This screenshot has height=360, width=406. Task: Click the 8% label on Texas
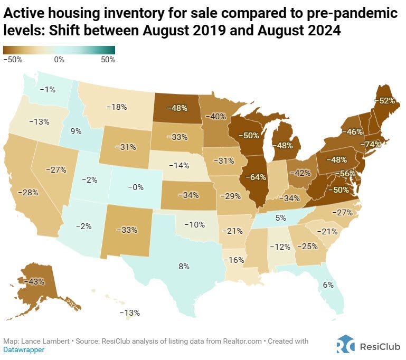point(184,267)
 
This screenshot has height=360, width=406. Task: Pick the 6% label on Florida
point(328,285)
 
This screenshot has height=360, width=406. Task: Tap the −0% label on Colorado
point(137,186)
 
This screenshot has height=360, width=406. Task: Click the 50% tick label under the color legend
point(108,60)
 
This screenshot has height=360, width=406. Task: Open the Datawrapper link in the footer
point(24,349)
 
